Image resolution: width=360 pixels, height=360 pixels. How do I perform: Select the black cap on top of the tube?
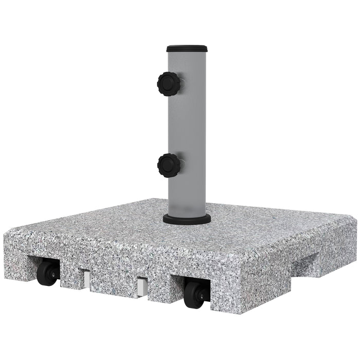tap(187, 47)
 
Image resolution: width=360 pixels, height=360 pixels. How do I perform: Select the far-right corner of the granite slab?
tap(355, 219)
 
